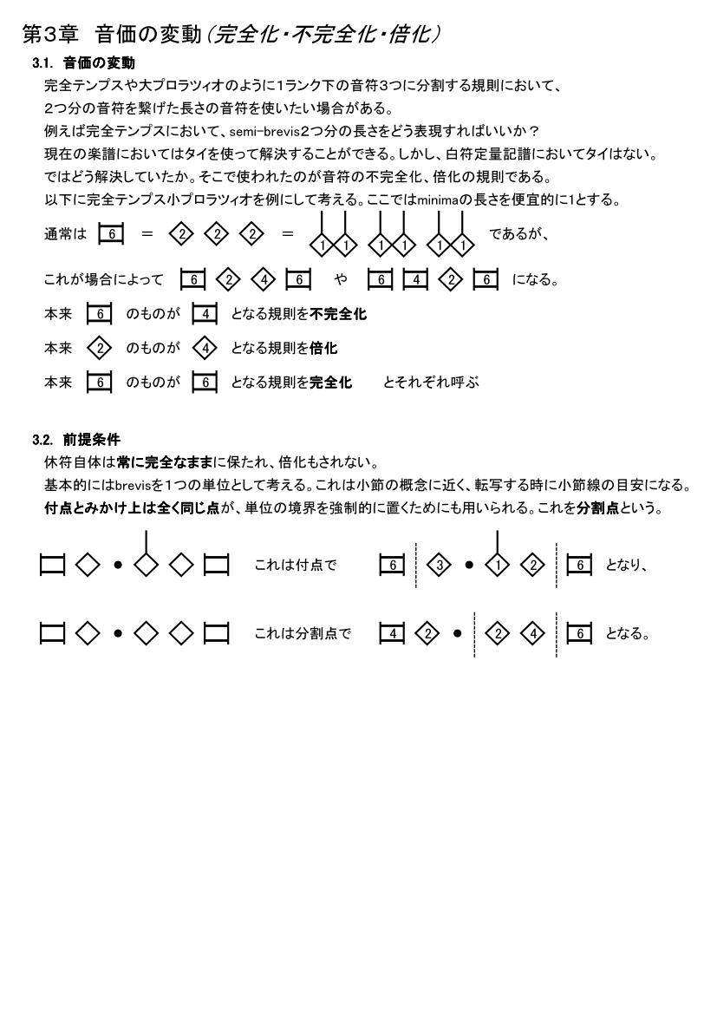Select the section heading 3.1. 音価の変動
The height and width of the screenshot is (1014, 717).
tap(83, 64)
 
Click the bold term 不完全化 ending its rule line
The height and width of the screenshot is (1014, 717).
tap(338, 314)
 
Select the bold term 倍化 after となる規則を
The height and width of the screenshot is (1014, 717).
tap(324, 348)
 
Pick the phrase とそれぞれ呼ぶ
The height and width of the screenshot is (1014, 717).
tap(431, 382)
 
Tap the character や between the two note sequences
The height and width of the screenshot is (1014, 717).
tap(339, 280)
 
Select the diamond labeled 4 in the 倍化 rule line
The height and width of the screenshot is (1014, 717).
tap(205, 348)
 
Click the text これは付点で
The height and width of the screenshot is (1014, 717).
tap(295, 565)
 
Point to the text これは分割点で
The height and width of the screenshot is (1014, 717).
tap(303, 633)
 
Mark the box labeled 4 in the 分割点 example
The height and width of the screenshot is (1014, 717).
tap(394, 633)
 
